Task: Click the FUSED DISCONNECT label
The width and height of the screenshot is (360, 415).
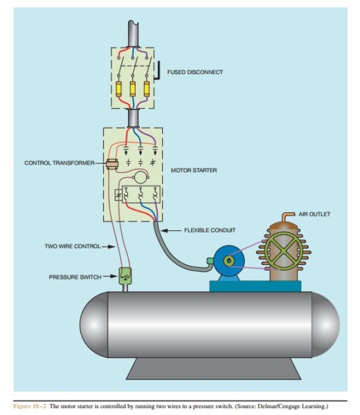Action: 195,72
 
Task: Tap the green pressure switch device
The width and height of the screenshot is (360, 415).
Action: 125,277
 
